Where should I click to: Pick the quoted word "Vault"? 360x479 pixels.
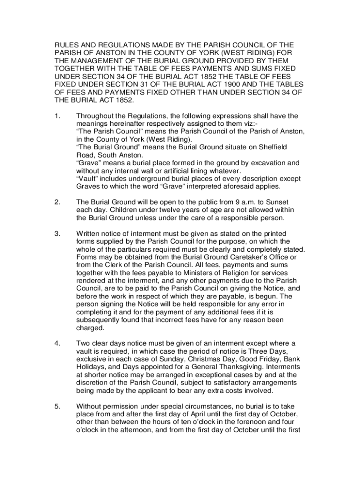point(86,179)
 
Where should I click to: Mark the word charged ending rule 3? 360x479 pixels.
point(89,328)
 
